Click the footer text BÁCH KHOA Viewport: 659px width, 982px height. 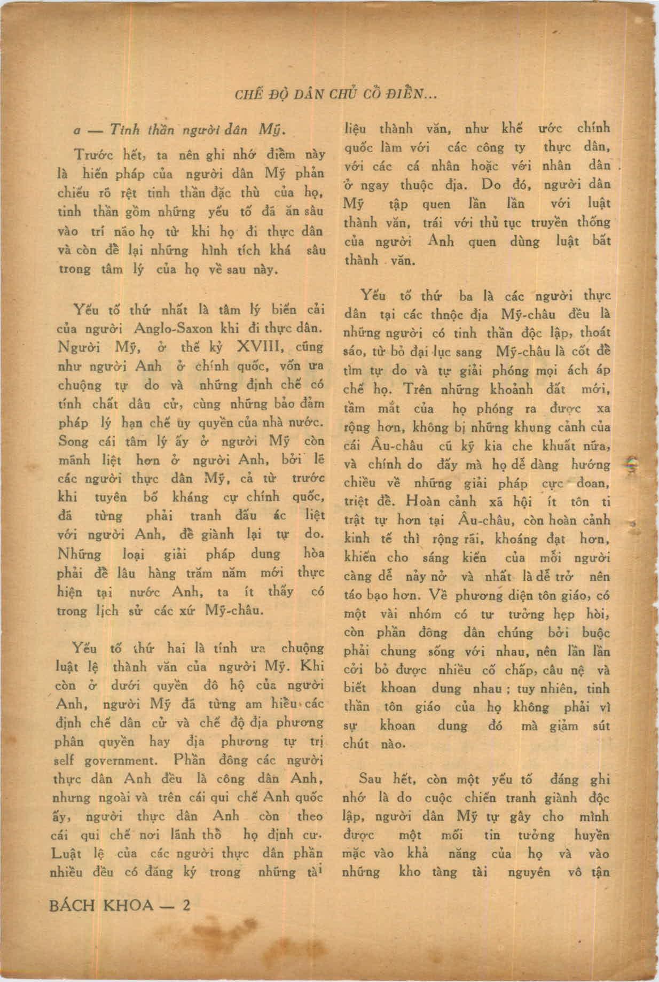101,906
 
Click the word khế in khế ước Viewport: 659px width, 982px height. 512,129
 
